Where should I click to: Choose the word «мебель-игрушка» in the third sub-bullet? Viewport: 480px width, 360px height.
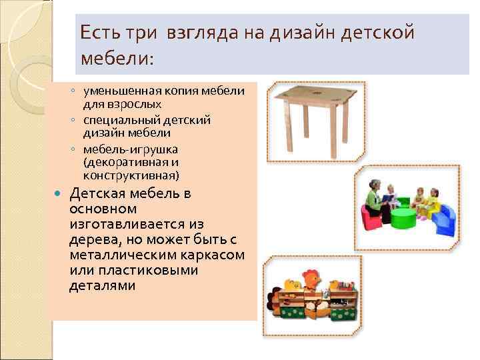(x=122, y=149)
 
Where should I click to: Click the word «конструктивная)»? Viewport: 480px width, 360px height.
(x=131, y=176)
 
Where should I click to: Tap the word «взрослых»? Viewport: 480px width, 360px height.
(x=139, y=104)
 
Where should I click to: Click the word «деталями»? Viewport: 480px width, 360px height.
(x=102, y=286)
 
